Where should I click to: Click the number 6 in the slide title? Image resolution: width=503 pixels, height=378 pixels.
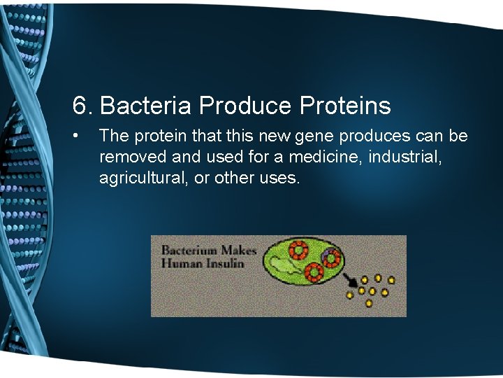(80, 106)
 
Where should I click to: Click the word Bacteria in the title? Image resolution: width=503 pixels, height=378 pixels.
(146, 106)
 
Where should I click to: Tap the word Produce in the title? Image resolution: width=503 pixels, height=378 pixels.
(245, 106)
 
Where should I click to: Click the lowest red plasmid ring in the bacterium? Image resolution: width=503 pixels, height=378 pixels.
(313, 272)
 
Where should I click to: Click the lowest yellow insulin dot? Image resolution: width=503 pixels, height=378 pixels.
(369, 303)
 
